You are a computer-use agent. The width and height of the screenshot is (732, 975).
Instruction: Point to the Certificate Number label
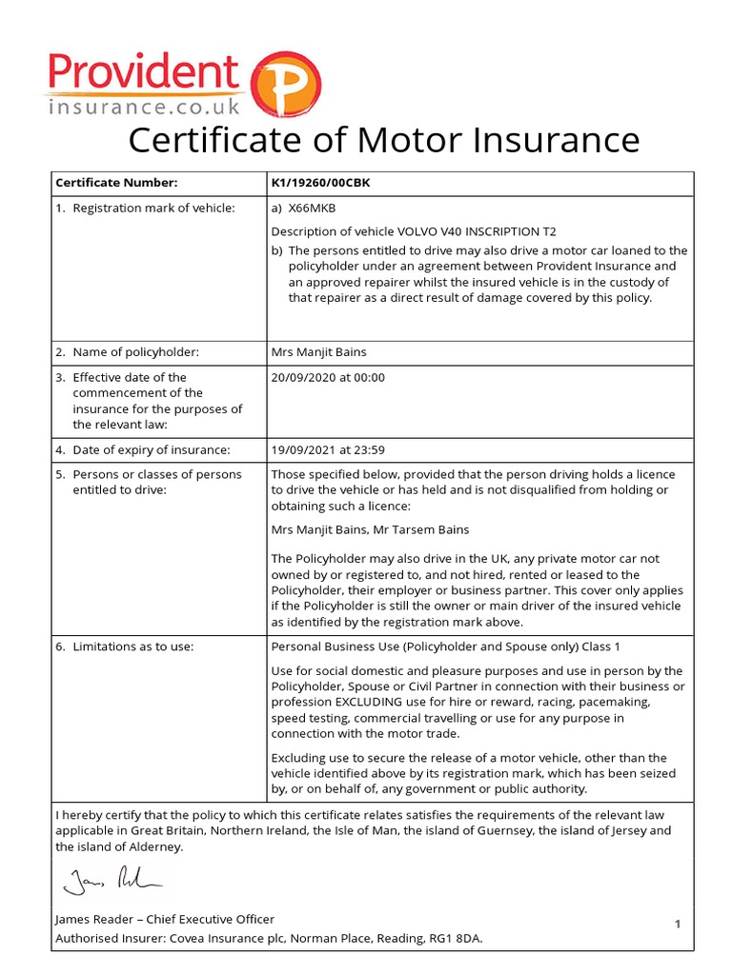[116, 183]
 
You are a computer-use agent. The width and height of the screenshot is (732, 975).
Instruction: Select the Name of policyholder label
[135, 352]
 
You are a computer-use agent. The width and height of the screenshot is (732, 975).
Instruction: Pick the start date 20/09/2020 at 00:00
[328, 377]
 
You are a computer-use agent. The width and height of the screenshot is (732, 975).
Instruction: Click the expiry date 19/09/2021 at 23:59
[328, 449]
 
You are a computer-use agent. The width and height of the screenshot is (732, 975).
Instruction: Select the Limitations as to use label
[132, 647]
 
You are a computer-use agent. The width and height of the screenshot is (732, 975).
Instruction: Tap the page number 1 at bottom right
[678, 924]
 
